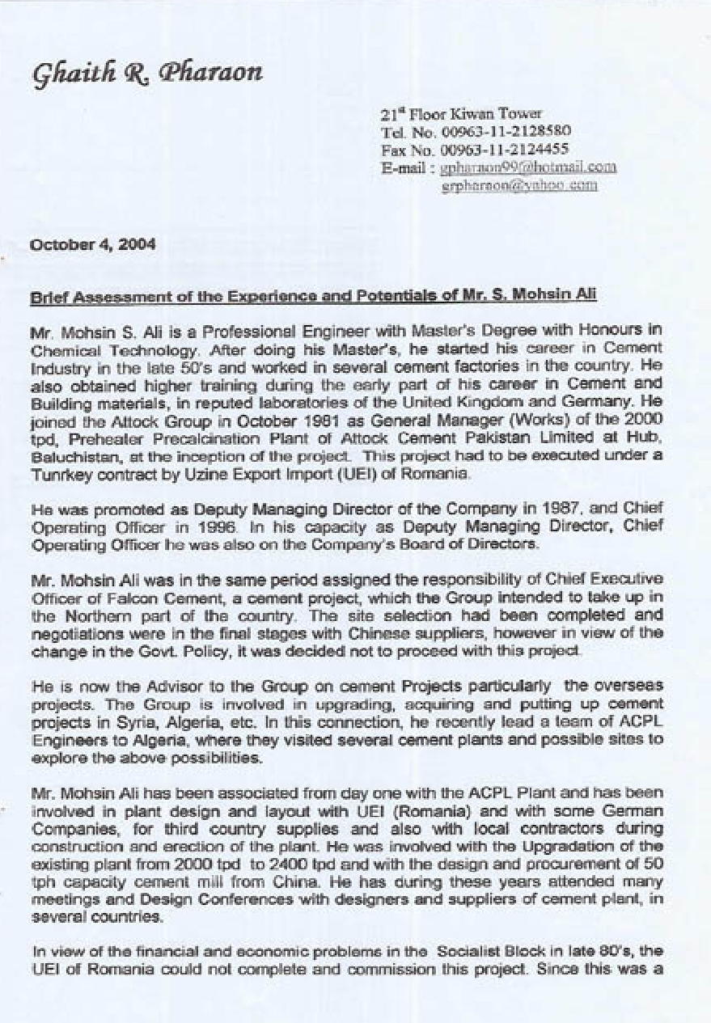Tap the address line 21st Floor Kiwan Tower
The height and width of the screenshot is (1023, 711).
point(461,114)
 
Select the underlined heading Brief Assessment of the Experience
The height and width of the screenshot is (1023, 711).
point(313,296)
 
